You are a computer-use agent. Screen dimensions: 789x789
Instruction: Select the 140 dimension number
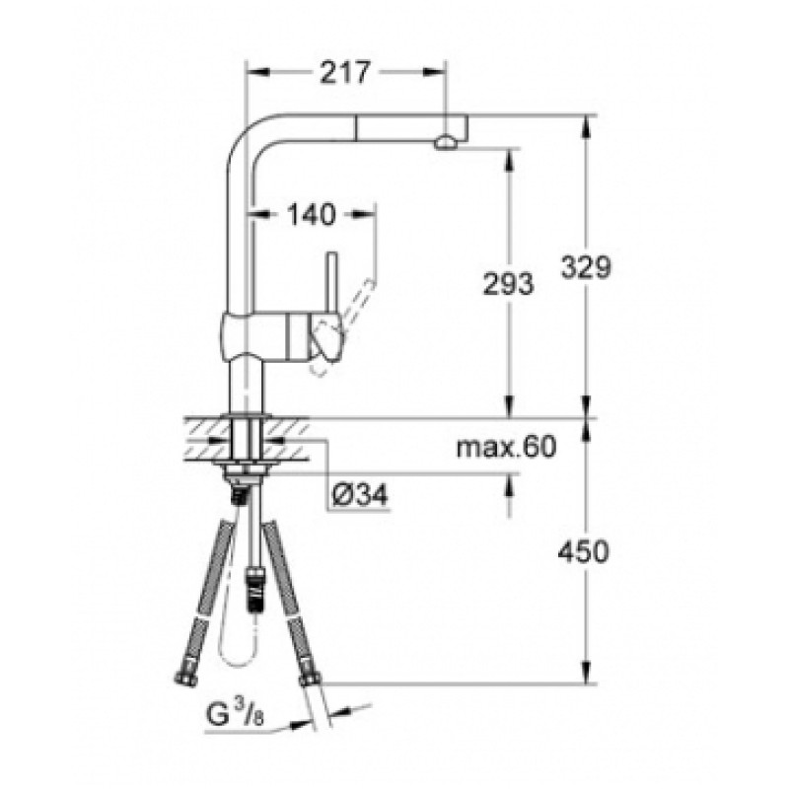[x=312, y=213]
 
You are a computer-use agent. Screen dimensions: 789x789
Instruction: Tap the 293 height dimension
[x=509, y=284]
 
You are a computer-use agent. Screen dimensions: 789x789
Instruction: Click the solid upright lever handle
[x=331, y=286]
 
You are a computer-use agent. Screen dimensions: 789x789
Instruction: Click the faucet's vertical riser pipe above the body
[x=236, y=237]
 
